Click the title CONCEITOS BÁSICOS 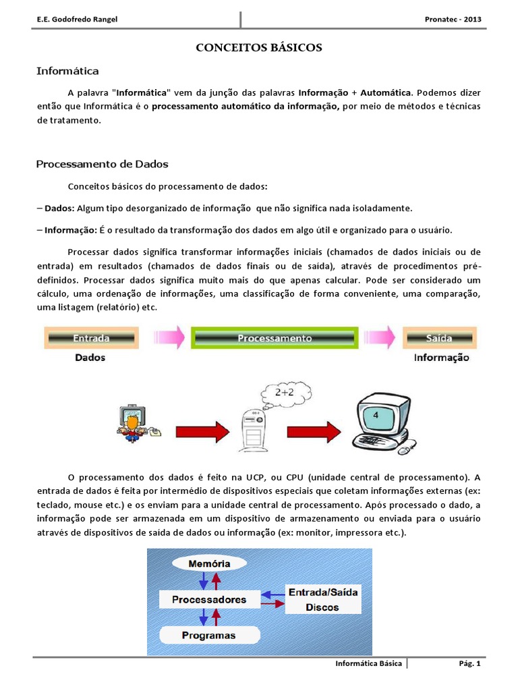pyautogui.click(x=259, y=48)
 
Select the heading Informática pyautogui.click(x=67, y=70)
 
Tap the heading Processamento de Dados pyautogui.click(x=102, y=164)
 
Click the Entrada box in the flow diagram pyautogui.click(x=92, y=337)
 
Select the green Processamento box pyautogui.click(x=275, y=338)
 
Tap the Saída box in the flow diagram pyautogui.click(x=440, y=337)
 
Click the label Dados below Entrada pyautogui.click(x=90, y=358)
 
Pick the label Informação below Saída pyautogui.click(x=441, y=358)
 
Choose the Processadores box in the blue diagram pyautogui.click(x=209, y=599)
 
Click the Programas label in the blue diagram pyautogui.click(x=209, y=635)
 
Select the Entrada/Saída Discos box pyautogui.click(x=323, y=599)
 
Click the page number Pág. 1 pyautogui.click(x=468, y=663)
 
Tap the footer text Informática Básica pyautogui.click(x=369, y=663)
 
